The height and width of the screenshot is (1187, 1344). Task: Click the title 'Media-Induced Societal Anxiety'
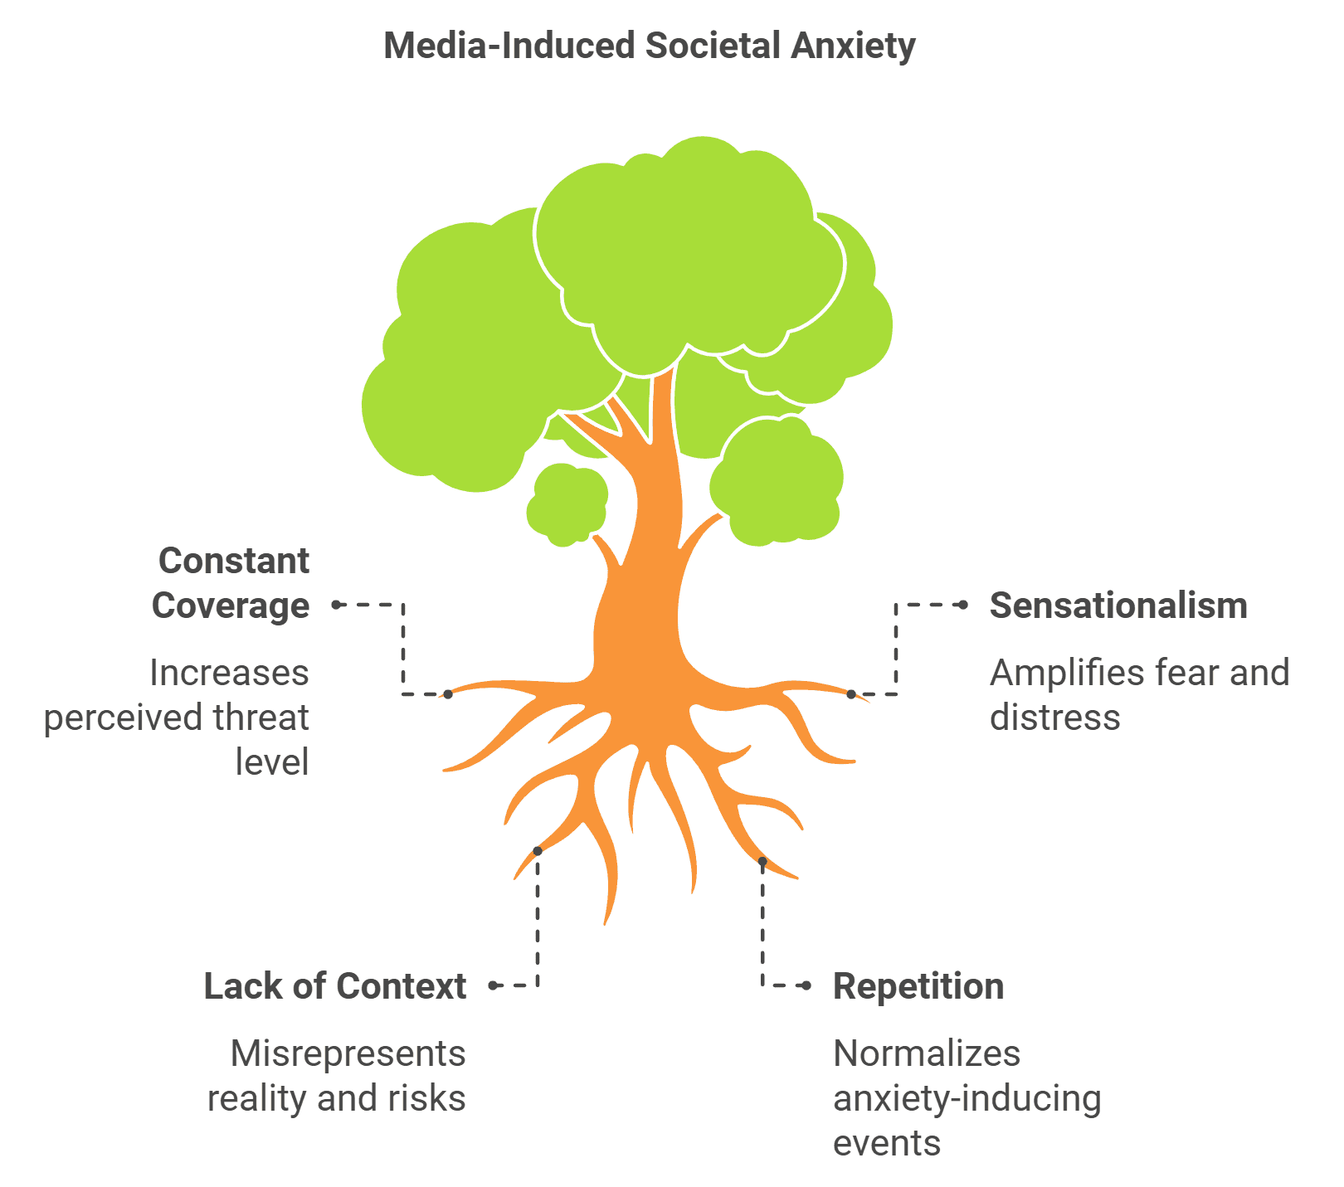pos(650,46)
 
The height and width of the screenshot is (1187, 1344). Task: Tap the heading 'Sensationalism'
pos(1118,606)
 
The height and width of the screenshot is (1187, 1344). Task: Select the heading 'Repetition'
pos(918,986)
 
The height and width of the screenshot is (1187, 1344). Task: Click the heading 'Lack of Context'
pos(335,986)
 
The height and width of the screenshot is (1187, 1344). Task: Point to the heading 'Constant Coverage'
pos(231,583)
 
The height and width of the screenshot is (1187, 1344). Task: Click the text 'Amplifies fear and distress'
pos(1139,695)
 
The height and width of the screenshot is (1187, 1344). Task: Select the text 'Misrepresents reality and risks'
pos(337,1076)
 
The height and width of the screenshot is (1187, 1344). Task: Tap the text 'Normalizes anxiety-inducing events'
pos(967,1098)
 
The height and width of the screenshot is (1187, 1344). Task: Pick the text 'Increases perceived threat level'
pos(177,718)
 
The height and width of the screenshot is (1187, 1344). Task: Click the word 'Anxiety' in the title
pos(853,46)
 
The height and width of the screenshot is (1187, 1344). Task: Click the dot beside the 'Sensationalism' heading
pos(963,606)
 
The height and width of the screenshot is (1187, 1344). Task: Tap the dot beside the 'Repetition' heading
pos(806,985)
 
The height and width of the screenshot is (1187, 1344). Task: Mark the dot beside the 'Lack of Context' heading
pos(494,985)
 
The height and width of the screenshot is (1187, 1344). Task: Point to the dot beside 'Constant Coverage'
pos(336,605)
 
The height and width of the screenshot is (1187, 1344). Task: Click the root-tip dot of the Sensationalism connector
pos(851,694)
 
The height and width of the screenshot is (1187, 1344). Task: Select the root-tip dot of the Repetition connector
pos(762,862)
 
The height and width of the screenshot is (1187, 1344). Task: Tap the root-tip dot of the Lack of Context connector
pos(538,851)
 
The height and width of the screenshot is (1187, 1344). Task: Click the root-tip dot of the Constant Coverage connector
pos(448,693)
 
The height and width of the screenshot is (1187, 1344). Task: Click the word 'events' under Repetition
pos(887,1143)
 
